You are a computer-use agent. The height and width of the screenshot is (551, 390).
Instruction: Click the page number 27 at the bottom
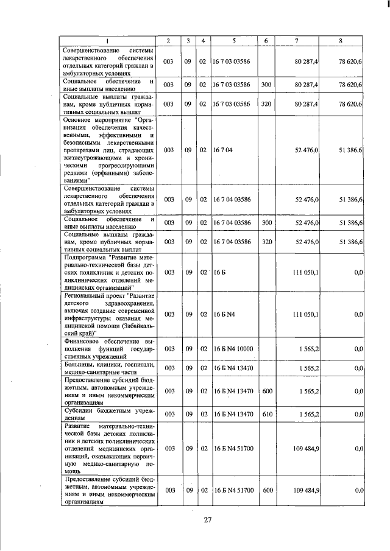207,519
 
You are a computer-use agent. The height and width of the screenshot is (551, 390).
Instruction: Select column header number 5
234,40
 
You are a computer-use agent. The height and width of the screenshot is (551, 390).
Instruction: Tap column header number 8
341,40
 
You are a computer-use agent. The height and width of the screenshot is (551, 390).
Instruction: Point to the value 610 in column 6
266,413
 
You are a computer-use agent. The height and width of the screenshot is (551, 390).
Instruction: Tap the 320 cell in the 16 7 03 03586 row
266,104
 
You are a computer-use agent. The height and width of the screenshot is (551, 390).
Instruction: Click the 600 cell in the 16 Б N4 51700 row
266,490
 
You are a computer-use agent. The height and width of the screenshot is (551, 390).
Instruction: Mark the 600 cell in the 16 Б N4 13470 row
266,390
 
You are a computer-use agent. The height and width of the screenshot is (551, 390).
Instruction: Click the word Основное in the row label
80,120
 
